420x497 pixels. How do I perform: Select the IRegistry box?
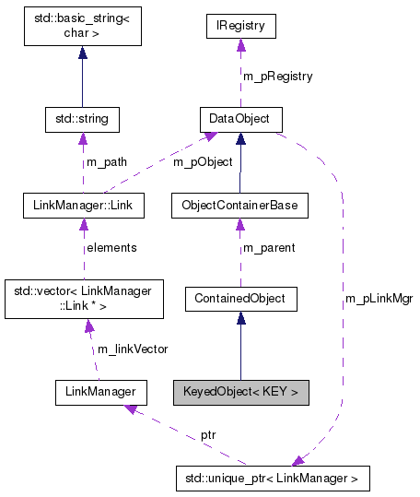[239, 26]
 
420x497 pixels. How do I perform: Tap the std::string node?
[82, 119]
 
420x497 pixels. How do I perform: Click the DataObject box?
[239, 119]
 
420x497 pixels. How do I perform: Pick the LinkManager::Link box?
[82, 205]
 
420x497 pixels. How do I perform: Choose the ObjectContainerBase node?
[239, 205]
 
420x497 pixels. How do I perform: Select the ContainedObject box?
[239, 298]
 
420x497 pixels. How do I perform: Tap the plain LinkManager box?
[100, 392]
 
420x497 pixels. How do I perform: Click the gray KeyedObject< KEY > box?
[239, 392]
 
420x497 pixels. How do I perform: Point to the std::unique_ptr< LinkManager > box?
[272, 479]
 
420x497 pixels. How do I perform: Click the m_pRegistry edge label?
[277, 76]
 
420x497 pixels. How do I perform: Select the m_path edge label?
[106, 162]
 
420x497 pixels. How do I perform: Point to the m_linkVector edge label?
[132, 348]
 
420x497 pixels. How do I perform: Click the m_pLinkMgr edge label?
[378, 300]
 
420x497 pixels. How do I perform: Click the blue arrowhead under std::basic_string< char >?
[82, 53]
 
